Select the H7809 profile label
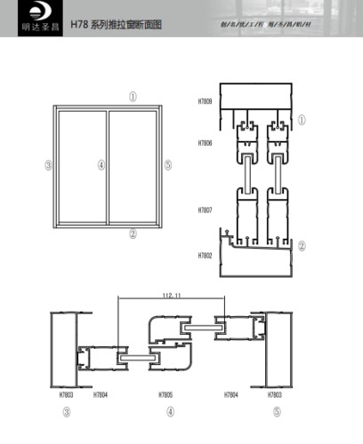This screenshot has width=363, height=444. (205, 102)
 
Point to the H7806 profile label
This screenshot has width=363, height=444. (205, 143)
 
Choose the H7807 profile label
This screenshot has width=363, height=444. (205, 210)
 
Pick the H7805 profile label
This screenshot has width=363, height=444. (166, 393)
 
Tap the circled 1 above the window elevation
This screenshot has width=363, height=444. (132, 96)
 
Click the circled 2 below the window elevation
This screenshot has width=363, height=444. (133, 234)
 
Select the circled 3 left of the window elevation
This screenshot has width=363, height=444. (48, 165)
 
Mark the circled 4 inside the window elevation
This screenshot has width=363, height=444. (101, 165)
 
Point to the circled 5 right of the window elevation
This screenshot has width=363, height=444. (168, 165)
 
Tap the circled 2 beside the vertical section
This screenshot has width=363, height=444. (302, 246)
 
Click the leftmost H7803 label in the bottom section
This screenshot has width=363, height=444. (64, 393)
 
